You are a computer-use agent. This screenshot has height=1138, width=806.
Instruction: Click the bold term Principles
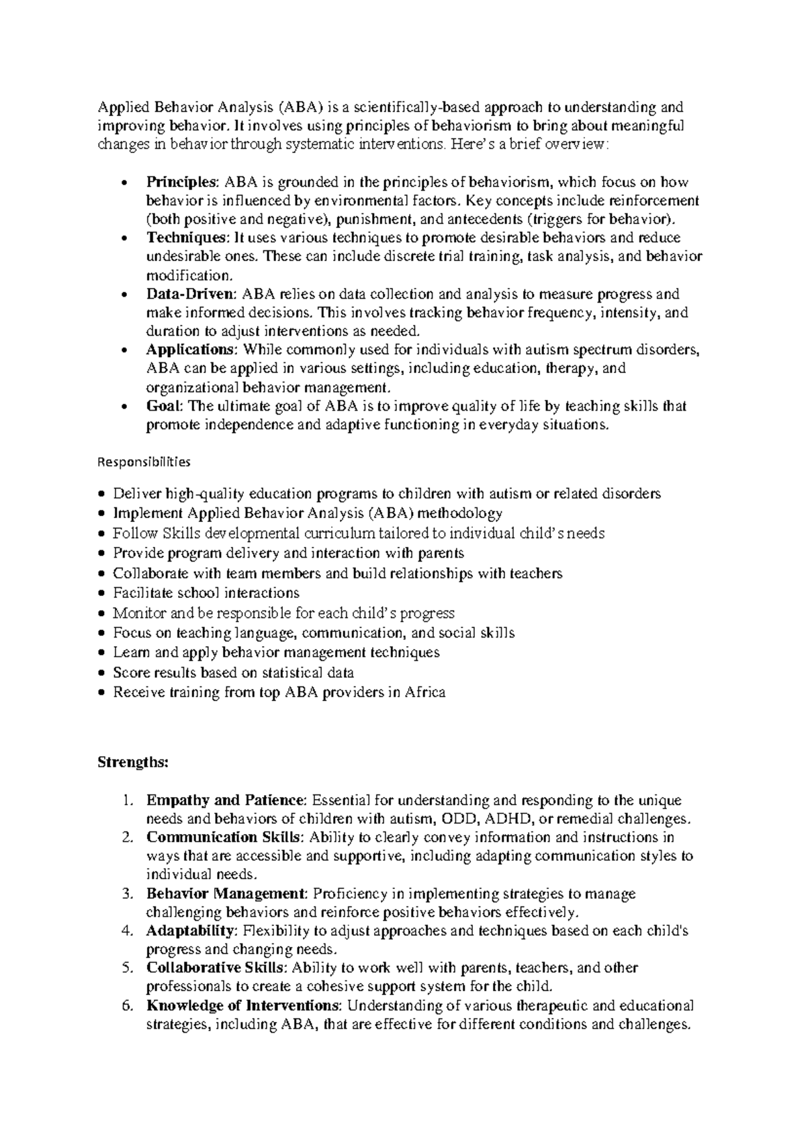181,182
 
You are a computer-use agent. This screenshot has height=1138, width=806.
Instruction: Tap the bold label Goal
164,406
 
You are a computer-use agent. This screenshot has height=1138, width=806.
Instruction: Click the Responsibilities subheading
144,462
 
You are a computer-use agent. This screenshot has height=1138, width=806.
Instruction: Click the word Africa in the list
425,692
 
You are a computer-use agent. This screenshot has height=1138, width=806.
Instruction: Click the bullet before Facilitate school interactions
101,594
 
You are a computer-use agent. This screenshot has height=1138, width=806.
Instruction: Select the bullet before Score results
101,673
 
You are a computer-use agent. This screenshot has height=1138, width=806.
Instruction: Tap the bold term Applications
191,350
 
